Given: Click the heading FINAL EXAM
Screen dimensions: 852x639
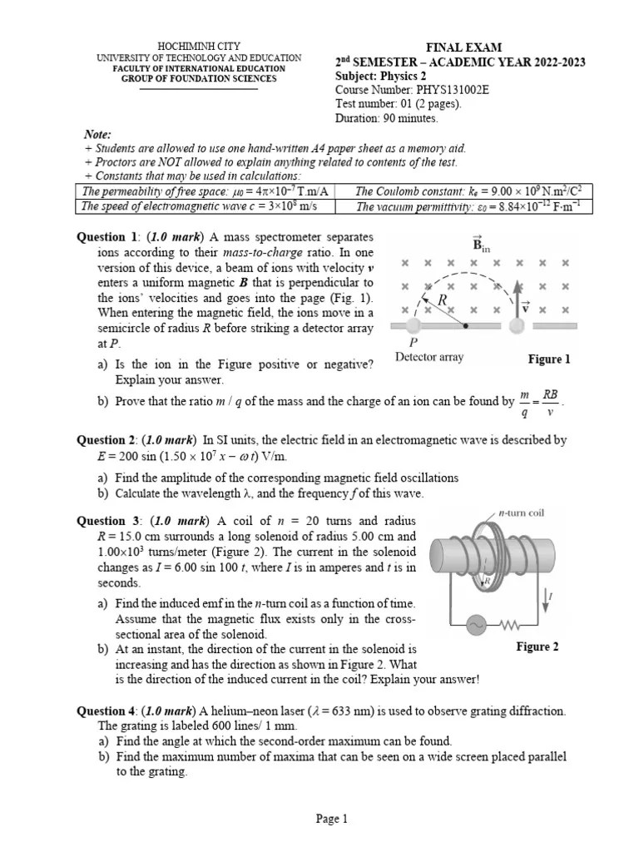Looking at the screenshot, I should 464,48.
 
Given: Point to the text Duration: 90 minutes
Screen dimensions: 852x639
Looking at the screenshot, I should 386,118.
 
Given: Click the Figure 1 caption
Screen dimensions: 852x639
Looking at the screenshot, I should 549,359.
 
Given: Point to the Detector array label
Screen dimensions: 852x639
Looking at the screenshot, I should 429,358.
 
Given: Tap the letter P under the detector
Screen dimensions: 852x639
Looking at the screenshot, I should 413,342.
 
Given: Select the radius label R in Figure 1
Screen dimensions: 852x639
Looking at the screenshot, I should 443,299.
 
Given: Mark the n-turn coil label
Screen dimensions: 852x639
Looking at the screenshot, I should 521,513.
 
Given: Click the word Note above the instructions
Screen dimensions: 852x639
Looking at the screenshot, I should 97,135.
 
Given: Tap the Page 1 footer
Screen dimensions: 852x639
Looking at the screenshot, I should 332,820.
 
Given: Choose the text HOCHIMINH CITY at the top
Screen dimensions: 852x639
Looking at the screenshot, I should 199,45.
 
